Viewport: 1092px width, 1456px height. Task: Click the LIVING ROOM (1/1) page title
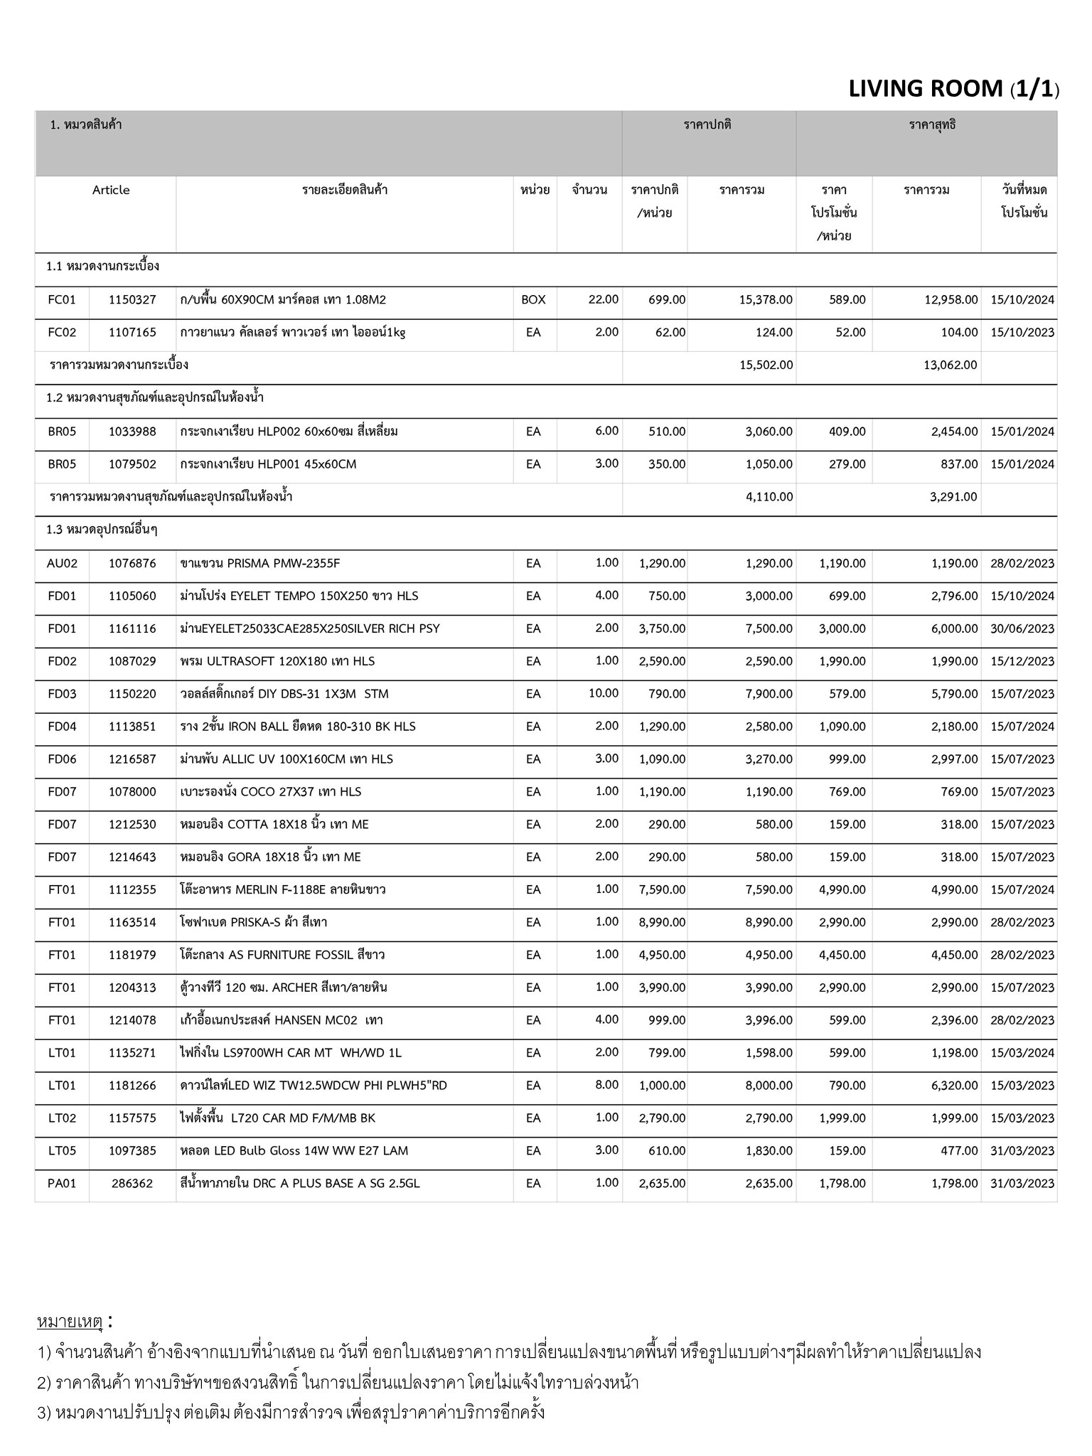953,89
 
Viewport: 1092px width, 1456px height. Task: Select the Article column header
111,190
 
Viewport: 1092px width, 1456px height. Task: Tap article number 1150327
132,300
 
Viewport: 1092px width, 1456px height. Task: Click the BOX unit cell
533,300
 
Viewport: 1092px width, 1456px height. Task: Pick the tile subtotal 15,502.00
766,365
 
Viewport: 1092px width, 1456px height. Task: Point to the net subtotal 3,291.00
953,496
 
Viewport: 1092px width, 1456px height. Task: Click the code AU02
62,563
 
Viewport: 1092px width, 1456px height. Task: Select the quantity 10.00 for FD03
603,693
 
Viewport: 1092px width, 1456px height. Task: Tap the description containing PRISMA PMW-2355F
260,563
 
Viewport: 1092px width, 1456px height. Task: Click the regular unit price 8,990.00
662,922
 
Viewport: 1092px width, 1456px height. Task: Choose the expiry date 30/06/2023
1022,628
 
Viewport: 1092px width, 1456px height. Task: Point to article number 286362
132,1183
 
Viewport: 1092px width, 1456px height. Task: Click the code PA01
62,1183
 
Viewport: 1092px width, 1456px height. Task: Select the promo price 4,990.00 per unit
842,889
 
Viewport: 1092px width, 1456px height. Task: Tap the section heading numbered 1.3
102,530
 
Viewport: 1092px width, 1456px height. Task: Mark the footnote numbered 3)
291,1412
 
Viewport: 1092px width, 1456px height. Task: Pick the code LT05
62,1150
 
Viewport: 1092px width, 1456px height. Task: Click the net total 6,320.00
954,1086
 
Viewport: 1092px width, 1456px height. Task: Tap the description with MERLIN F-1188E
282,889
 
